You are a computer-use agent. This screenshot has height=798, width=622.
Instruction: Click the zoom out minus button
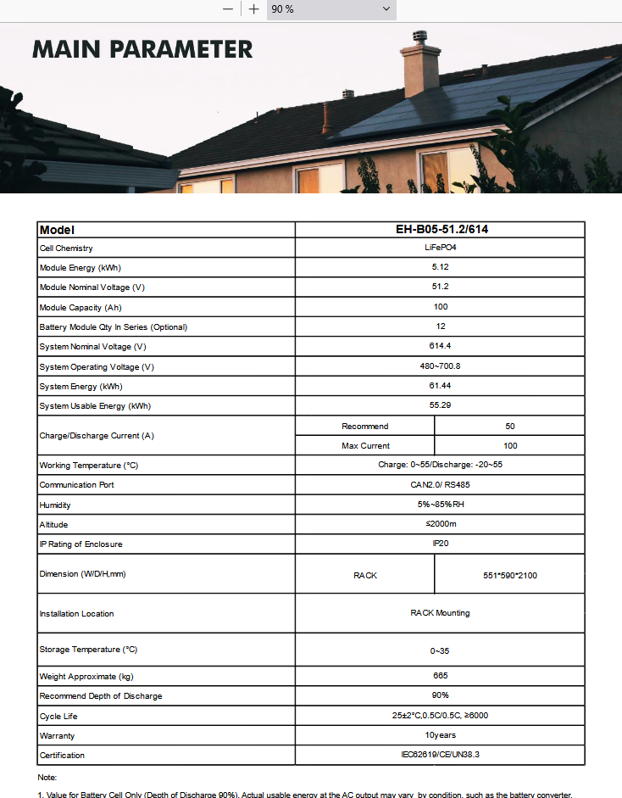point(227,8)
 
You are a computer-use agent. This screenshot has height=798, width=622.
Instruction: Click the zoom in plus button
point(253,8)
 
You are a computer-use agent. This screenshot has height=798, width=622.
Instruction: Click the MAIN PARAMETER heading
point(142,49)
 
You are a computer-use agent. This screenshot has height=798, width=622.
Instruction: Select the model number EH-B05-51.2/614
point(440,230)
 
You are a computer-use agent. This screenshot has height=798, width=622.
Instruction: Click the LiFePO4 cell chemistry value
point(440,248)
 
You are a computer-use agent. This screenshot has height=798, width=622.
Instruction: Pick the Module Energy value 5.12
point(440,268)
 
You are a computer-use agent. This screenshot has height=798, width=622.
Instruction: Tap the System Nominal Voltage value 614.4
point(440,346)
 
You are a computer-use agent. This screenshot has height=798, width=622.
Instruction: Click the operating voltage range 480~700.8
point(440,366)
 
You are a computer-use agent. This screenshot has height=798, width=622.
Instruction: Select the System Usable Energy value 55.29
point(440,405)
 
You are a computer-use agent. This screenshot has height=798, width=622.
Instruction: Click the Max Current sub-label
point(365,445)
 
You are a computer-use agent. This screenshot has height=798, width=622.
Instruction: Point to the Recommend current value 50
point(509,426)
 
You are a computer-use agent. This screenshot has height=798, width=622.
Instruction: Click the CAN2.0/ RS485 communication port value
point(440,485)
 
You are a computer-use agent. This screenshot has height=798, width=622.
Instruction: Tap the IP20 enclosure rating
point(440,544)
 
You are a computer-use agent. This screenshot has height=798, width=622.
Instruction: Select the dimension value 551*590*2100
point(509,575)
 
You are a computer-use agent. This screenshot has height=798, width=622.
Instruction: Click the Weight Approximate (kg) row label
point(86,677)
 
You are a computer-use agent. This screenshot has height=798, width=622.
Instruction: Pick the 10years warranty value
point(440,735)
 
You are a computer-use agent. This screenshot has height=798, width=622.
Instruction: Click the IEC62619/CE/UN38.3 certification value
point(440,754)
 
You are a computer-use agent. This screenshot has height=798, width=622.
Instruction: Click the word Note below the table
point(47,778)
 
